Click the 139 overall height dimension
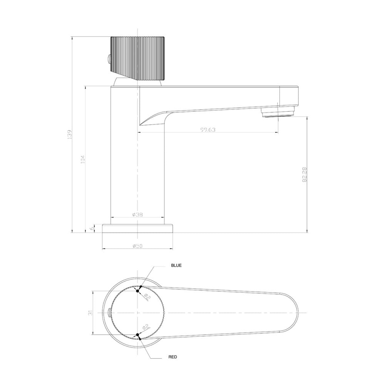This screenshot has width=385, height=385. click(x=70, y=134)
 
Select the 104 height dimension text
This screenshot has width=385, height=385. click(x=83, y=159)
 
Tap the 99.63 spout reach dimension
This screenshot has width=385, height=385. click(x=208, y=130)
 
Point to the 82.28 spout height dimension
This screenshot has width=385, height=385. click(x=305, y=174)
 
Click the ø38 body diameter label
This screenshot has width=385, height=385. click(x=137, y=214)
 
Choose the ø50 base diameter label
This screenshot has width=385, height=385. click(x=137, y=246)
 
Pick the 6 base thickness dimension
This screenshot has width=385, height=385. click(x=92, y=228)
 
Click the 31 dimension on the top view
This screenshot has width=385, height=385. click(x=90, y=313)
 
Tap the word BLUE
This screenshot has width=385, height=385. click(x=176, y=265)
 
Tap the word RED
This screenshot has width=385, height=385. click(x=172, y=357)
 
